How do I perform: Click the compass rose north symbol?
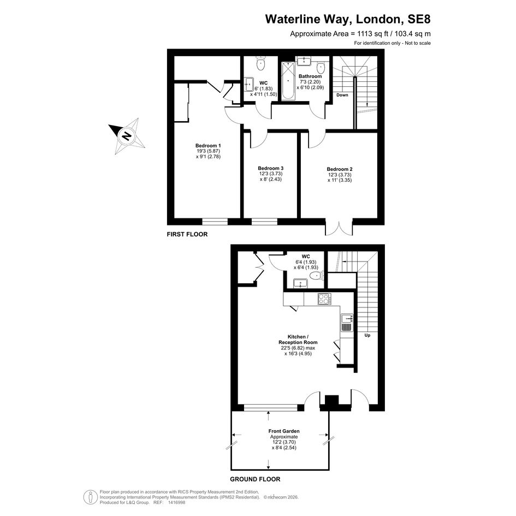tap(127, 135)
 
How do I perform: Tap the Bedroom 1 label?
tap(208, 146)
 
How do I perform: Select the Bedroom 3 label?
tap(270, 168)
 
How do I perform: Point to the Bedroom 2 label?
tap(340, 169)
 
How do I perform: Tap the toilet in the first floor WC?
tap(261, 63)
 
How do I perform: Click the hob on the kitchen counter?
tap(324, 299)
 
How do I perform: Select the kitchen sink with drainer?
tap(347, 322)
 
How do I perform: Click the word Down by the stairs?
tap(342, 95)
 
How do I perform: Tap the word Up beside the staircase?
tap(367, 335)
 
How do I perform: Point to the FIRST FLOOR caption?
tap(187, 234)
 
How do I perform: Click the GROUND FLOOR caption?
tap(255, 479)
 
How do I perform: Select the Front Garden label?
tap(284, 431)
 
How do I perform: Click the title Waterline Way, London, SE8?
tap(348, 19)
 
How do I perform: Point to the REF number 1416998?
tap(177, 502)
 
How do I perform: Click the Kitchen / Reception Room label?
tap(298, 340)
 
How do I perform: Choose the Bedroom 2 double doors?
tap(339, 227)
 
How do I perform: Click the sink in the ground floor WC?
tap(300, 283)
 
